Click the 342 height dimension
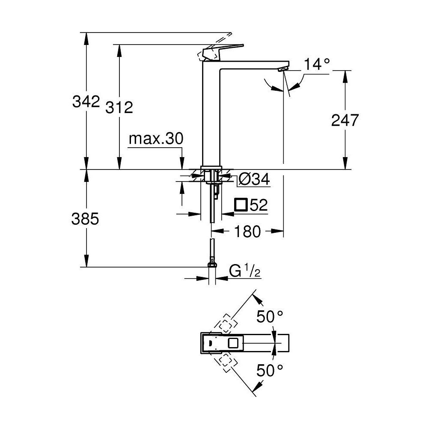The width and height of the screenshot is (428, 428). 86,102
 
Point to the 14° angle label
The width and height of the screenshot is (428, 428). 317,65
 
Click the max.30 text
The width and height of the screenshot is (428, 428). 156,139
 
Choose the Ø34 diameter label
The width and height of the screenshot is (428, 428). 254,180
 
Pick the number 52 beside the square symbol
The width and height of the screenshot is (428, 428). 259,205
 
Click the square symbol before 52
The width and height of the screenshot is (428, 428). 241,205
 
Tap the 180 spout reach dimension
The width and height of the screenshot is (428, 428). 248,232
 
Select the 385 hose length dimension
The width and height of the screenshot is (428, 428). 86,219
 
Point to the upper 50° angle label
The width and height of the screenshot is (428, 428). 270,317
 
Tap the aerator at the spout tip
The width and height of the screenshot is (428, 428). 282,69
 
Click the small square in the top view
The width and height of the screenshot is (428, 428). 234,343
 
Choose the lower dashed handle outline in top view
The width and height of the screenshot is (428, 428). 226,362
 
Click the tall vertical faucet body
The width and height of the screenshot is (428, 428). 211,116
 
